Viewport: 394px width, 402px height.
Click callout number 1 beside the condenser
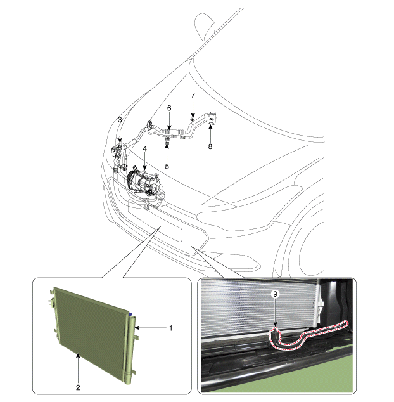pyautogui.click(x=171, y=328)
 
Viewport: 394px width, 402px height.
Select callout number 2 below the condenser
pyautogui.click(x=78, y=387)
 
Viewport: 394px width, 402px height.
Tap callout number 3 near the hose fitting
pyautogui.click(x=120, y=120)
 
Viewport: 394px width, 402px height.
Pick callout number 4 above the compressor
pyautogui.click(x=144, y=149)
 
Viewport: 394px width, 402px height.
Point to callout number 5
pyautogui.click(x=167, y=166)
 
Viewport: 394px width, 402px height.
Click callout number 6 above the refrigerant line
pyautogui.click(x=169, y=108)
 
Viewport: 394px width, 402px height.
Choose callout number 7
pyautogui.click(x=193, y=95)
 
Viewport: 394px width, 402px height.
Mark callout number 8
pyautogui.click(x=210, y=146)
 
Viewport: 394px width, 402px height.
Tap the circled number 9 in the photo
pyautogui.click(x=276, y=294)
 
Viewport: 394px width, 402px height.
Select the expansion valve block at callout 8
pyautogui.click(x=212, y=119)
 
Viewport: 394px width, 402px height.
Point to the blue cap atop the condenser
pyautogui.click(x=130, y=314)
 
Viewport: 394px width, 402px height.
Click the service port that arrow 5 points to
pyautogui.click(x=167, y=139)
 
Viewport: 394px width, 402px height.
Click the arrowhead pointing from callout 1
pyautogui.click(x=137, y=328)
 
